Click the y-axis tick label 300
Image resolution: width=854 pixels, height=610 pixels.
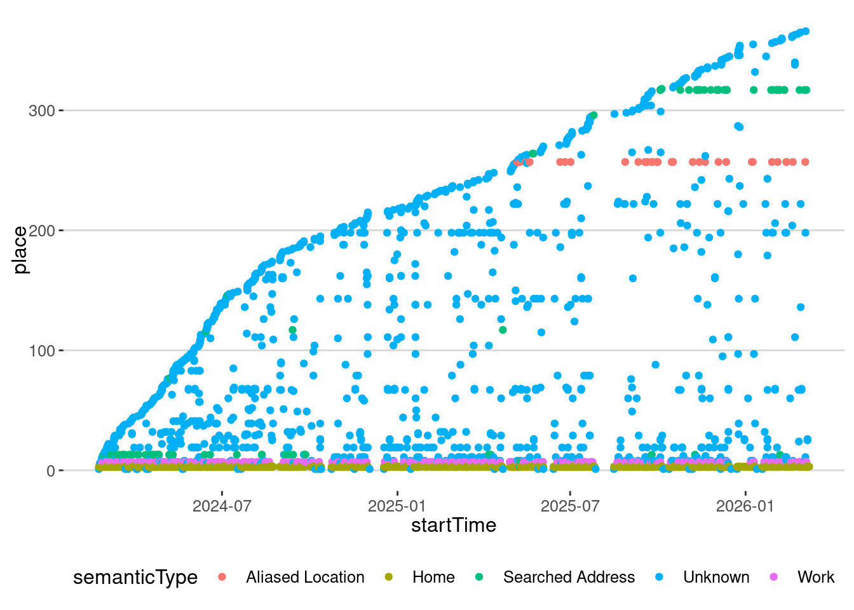click(x=42, y=111)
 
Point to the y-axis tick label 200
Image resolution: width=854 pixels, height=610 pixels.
click(x=42, y=231)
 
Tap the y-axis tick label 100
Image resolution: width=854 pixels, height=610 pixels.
click(x=42, y=351)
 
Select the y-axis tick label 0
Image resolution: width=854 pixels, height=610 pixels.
click(x=51, y=471)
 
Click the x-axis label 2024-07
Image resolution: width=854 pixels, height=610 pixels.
click(x=222, y=506)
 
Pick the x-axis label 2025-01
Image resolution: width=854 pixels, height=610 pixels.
click(x=397, y=506)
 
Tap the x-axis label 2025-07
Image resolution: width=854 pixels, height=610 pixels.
click(x=570, y=506)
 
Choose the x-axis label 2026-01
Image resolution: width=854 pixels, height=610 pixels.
click(x=745, y=506)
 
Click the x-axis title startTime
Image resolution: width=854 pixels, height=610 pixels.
click(x=454, y=525)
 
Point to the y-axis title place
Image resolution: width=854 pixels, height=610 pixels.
click(x=20, y=250)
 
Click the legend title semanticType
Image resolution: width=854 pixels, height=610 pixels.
click(x=135, y=578)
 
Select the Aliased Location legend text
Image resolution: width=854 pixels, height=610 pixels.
click(x=305, y=578)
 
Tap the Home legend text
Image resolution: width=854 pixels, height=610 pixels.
click(x=433, y=578)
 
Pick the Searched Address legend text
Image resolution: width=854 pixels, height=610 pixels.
click(x=569, y=578)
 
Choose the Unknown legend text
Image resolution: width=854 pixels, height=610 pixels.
click(x=716, y=578)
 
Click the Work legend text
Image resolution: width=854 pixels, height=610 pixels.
click(x=816, y=578)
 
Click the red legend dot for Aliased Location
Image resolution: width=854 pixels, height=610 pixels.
click(x=222, y=577)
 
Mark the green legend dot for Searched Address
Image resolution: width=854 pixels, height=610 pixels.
click(x=479, y=577)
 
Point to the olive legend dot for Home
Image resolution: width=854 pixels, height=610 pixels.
click(x=388, y=577)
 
